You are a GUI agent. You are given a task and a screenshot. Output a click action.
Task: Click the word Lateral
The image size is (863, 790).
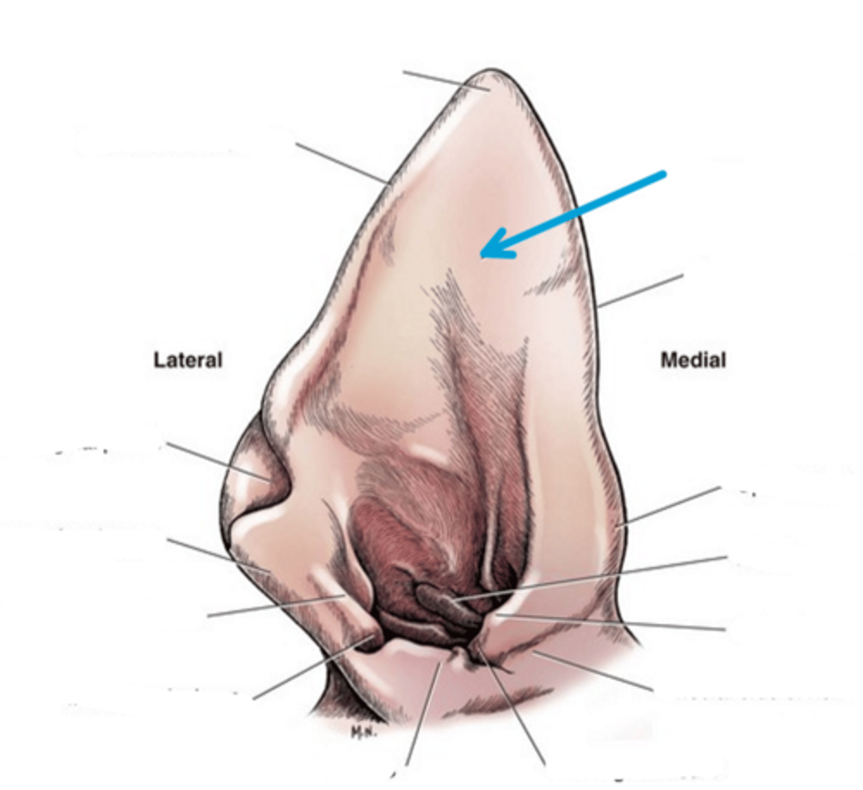click(187, 360)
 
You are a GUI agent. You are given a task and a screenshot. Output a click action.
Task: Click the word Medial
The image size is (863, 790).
click(693, 360)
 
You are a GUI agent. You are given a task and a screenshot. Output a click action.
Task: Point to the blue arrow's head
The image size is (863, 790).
click(487, 251)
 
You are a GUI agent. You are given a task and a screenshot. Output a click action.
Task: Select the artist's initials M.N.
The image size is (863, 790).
click(363, 731)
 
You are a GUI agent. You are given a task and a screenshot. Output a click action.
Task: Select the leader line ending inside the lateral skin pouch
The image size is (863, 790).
click(217, 461)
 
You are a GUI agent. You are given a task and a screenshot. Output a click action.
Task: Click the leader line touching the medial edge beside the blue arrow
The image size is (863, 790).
click(641, 290)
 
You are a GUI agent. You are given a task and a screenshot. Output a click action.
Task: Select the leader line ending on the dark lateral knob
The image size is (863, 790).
click(309, 668)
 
